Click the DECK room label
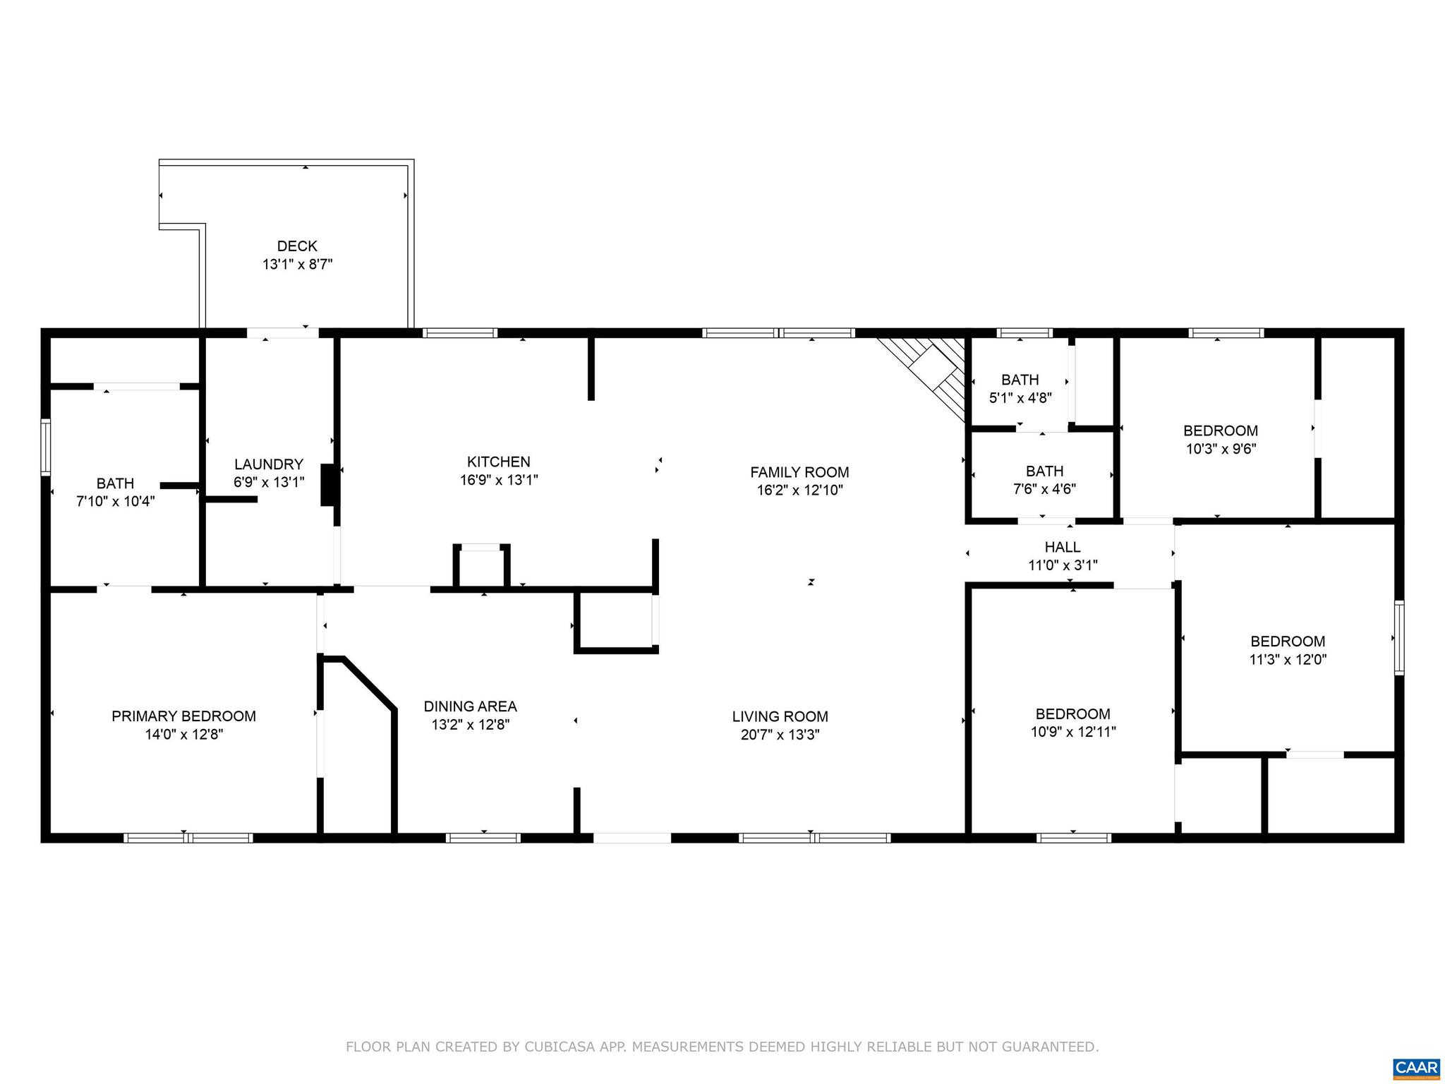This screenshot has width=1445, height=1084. (x=297, y=246)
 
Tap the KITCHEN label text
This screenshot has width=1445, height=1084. (x=498, y=462)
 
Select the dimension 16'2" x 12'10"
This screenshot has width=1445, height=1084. (x=799, y=490)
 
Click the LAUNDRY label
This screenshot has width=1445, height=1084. (x=268, y=464)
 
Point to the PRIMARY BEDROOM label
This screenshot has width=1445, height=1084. (x=183, y=716)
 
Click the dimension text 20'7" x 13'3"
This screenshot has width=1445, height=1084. (x=780, y=735)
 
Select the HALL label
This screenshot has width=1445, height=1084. (x=1062, y=547)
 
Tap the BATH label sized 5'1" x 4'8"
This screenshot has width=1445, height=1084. (x=1020, y=380)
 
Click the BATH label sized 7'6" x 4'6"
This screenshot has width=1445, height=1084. (x=1044, y=471)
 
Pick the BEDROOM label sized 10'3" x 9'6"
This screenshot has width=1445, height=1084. (x=1220, y=430)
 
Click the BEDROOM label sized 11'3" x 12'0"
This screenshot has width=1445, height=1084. (x=1287, y=642)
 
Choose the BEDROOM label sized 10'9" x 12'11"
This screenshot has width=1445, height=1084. (x=1072, y=713)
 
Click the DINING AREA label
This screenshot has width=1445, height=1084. (x=470, y=706)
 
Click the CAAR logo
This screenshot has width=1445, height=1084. (x=1416, y=1067)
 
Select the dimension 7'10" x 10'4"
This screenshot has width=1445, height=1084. (x=115, y=502)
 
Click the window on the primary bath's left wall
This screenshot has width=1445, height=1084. (x=46, y=447)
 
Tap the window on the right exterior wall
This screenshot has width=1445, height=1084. (x=1399, y=637)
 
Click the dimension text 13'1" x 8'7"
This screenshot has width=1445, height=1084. (x=297, y=265)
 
